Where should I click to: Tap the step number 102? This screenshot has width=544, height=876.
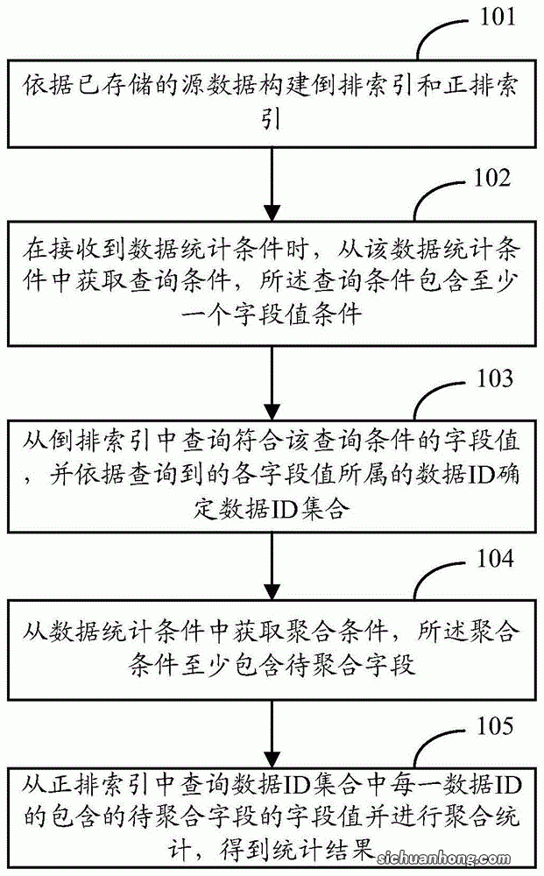489,180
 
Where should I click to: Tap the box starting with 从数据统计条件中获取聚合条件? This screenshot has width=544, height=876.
272,646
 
